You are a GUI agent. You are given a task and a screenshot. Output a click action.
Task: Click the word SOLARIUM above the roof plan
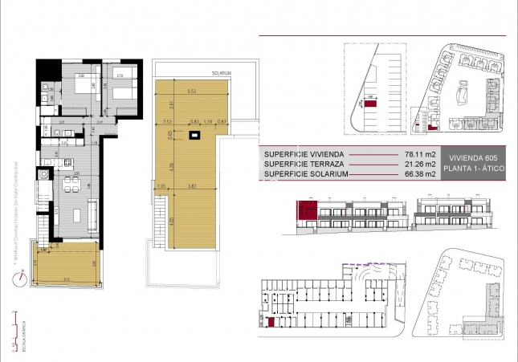click(x=222, y=72)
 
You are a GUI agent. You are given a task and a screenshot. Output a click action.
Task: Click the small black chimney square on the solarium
click(x=193, y=136)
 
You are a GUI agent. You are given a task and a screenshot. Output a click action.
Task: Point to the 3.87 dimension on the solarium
click(x=193, y=186)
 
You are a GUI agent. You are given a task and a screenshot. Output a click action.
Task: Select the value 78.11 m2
click(x=419, y=155)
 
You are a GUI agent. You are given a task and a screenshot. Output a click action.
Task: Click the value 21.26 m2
click(x=419, y=165)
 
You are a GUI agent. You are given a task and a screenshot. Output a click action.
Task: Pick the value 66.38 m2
click(x=419, y=174)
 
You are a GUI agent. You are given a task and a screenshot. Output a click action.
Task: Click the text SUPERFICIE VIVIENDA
click(x=304, y=155)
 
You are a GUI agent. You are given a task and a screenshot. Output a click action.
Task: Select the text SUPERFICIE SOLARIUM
click(x=306, y=174)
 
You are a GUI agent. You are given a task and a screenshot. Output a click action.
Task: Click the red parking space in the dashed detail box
click(x=370, y=104)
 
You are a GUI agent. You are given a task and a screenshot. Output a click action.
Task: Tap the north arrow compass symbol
click(x=20, y=279)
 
